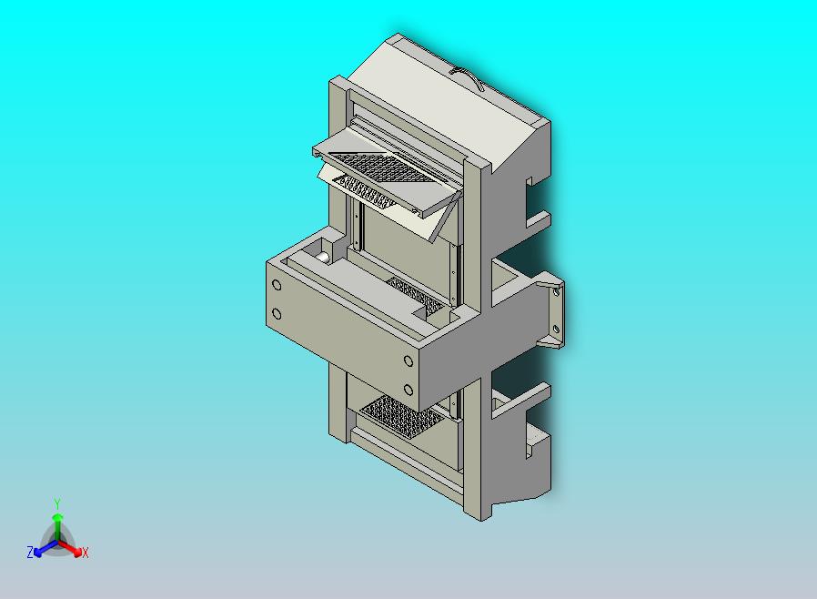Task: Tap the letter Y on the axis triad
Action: pos(57,503)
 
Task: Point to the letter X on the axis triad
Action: pos(86,553)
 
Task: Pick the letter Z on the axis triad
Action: pos(30,552)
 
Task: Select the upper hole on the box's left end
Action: pos(277,285)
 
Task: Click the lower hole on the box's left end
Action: pos(277,314)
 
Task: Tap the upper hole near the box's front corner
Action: pos(408,361)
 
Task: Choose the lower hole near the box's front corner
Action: pos(408,391)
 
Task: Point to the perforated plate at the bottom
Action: pos(400,418)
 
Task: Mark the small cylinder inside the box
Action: pos(324,258)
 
